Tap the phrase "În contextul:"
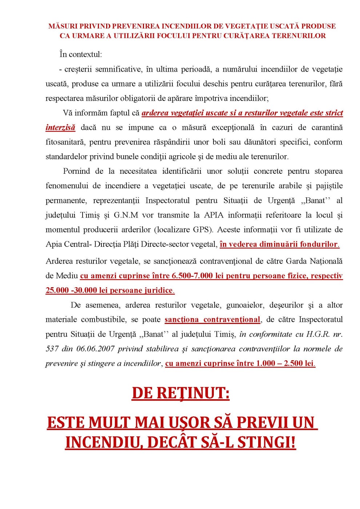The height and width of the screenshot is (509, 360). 81,55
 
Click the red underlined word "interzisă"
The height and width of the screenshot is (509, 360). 60,127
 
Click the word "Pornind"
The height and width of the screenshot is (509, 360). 76,171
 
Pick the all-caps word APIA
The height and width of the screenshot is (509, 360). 213,215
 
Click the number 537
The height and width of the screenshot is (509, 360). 52,349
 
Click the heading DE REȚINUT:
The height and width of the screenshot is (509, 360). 180,393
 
